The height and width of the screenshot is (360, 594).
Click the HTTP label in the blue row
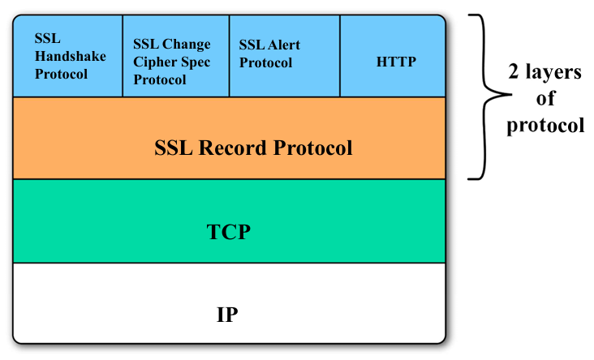click(x=396, y=62)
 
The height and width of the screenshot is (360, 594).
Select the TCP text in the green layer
click(x=229, y=232)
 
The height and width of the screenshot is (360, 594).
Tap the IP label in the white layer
click(x=227, y=315)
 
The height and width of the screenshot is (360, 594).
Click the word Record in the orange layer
click(x=233, y=148)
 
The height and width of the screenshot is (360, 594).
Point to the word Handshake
click(x=71, y=56)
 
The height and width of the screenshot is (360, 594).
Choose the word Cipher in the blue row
click(x=153, y=62)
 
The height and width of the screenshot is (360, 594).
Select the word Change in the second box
click(x=186, y=45)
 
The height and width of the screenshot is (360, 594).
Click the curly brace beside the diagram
click(x=484, y=96)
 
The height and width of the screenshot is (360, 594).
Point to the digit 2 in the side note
click(x=514, y=71)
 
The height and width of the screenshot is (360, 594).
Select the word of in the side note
click(x=545, y=98)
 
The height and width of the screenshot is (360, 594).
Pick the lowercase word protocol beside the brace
click(x=545, y=125)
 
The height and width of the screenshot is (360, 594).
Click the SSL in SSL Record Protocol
click(x=174, y=148)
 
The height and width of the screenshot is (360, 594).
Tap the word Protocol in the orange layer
click(x=313, y=148)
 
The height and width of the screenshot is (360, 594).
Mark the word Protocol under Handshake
click(x=61, y=74)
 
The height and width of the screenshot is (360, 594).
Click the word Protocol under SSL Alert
click(x=265, y=62)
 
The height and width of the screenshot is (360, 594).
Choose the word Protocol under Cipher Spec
click(x=160, y=80)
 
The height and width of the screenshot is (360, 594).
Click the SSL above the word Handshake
click(x=47, y=38)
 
